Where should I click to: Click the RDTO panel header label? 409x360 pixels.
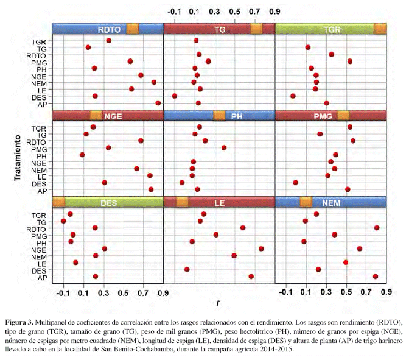[109, 29]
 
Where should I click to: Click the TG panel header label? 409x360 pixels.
[220, 29]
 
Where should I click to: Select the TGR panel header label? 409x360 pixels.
[332, 29]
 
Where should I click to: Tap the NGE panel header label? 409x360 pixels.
[112, 116]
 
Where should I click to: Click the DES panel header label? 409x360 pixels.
[109, 202]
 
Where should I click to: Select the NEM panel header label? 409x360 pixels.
[331, 202]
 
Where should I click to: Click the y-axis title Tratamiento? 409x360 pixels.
[20, 157]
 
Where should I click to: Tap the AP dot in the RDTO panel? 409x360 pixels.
[158, 103]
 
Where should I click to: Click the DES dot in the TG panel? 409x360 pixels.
[175, 96]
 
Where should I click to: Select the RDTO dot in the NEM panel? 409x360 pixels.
[377, 228]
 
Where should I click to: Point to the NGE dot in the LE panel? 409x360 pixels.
[261, 249]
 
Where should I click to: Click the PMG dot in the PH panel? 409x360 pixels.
[224, 147]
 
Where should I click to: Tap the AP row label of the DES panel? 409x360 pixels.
[42, 277]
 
